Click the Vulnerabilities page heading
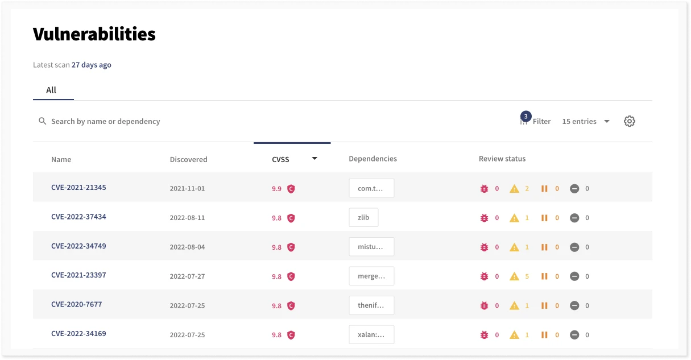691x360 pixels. tap(94, 34)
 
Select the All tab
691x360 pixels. tap(51, 90)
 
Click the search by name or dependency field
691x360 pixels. tap(106, 121)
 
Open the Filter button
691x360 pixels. tap(536, 121)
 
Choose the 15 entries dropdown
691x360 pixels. tap(585, 121)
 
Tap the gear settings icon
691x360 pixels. tap(629, 121)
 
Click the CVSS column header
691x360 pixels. tap(281, 159)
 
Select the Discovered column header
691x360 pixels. tap(188, 159)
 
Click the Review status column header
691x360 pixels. tap(502, 159)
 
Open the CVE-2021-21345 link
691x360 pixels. tap(78, 188)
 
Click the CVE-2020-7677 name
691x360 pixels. tap(76, 304)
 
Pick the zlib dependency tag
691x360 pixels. tap(363, 218)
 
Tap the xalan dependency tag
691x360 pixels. tap(371, 335)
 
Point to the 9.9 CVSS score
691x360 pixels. tap(276, 189)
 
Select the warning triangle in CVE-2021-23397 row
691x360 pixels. tap(514, 276)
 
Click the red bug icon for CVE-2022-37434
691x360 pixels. tap(485, 218)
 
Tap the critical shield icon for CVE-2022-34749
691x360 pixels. tap(291, 247)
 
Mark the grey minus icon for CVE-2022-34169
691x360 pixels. tap(574, 335)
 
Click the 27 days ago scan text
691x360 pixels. tap(91, 65)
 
